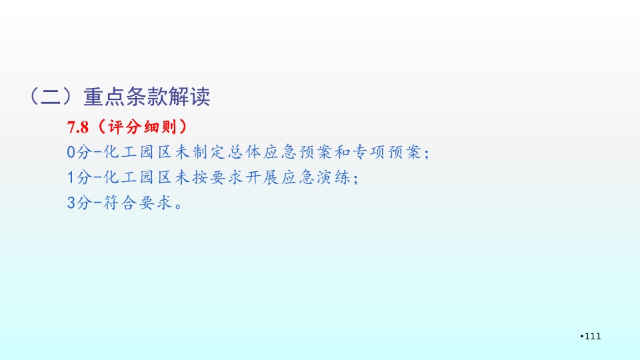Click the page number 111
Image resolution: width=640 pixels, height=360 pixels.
click(593, 336)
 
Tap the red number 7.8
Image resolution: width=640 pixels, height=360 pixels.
click(77, 127)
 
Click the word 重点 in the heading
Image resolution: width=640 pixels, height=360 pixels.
click(104, 97)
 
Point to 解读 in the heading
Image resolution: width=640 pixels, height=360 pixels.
click(189, 97)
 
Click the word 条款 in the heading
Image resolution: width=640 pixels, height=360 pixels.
click(147, 97)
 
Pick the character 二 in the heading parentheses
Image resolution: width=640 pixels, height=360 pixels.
click(51, 97)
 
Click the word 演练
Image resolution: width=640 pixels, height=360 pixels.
click(333, 177)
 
